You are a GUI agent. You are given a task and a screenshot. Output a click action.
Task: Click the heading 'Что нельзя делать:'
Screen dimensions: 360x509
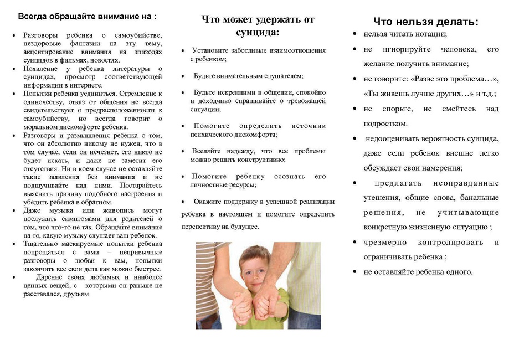pyautogui.click(x=425, y=22)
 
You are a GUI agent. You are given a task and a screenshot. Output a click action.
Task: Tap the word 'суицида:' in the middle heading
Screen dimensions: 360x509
pyautogui.click(x=258, y=33)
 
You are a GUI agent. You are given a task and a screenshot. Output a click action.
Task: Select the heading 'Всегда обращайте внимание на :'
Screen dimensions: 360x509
pyautogui.click(x=88, y=17)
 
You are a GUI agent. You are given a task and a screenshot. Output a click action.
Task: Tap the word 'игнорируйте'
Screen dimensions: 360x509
pyautogui.click(x=407, y=49)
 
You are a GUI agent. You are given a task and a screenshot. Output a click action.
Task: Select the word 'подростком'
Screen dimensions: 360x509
pyautogui.click(x=385, y=124)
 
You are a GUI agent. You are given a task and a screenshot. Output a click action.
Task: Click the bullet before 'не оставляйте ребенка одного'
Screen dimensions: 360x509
pyautogui.click(x=354, y=271)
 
